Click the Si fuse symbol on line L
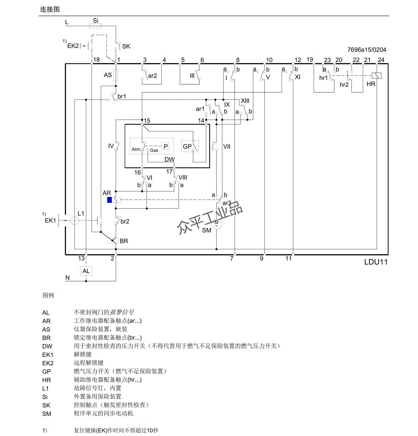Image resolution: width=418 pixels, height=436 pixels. pyautogui.click(x=95, y=26)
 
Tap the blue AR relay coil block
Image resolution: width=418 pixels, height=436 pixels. pyautogui.click(x=110, y=200)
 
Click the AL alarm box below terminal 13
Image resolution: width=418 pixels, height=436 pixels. pyautogui.click(x=86, y=271)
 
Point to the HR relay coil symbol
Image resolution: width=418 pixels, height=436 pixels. pyautogui.click(x=376, y=76)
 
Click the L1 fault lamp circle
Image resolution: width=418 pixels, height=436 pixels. pyautogui.click(x=74, y=221)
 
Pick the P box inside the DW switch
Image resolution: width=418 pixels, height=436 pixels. pyautogui.click(x=166, y=146)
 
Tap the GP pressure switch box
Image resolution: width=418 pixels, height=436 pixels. pyautogui.click(x=190, y=146)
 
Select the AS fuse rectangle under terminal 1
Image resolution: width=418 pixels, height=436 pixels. pyautogui.click(x=116, y=75)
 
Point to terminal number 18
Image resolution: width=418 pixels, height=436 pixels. pyautogui.click(x=96, y=60)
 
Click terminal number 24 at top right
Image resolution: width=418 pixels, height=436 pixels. pyautogui.click(x=381, y=60)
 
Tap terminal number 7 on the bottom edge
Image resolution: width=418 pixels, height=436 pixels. pyautogui.click(x=232, y=259)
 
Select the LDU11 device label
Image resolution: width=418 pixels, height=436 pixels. pyautogui.click(x=376, y=262)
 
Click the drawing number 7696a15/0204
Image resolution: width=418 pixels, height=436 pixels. pyautogui.click(x=366, y=50)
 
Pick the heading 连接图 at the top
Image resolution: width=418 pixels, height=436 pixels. pyautogui.click(x=50, y=9)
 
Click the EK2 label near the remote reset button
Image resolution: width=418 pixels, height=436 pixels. pyautogui.click(x=73, y=46)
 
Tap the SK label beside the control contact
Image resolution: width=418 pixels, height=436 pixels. pyautogui.click(x=126, y=47)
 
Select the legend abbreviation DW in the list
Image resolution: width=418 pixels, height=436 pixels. pyautogui.click(x=47, y=346)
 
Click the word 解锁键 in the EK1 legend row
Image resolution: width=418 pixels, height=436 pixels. pyautogui.click(x=82, y=354)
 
